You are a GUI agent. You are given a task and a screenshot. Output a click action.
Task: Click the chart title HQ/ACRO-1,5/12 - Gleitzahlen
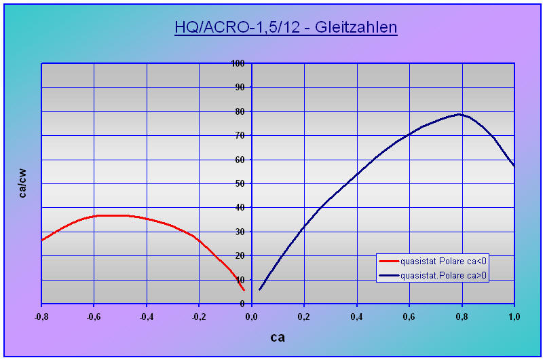pyautogui.click(x=285, y=28)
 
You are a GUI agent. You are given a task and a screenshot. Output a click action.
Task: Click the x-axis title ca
pyautogui.click(x=278, y=337)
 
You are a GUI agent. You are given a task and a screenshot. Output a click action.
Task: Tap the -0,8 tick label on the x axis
pyautogui.click(x=41, y=316)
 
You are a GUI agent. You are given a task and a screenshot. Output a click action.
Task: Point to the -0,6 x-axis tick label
pyautogui.click(x=94, y=316)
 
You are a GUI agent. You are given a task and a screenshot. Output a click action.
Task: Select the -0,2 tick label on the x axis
pyautogui.click(x=199, y=316)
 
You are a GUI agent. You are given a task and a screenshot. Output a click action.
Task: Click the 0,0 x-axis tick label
pyautogui.click(x=252, y=316)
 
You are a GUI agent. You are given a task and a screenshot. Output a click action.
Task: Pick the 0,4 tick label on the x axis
pyautogui.click(x=357, y=316)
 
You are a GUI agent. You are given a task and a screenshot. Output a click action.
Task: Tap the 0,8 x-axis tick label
pyautogui.click(x=462, y=316)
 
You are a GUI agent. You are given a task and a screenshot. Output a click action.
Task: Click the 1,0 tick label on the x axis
pyautogui.click(x=514, y=316)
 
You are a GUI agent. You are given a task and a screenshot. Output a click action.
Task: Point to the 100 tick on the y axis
pyautogui.click(x=238, y=63)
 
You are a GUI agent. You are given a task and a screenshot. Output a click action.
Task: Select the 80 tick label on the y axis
pyautogui.click(x=239, y=111)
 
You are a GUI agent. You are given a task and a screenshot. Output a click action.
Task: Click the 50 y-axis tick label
pyautogui.click(x=239, y=183)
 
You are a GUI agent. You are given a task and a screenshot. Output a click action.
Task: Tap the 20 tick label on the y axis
pyautogui.click(x=239, y=255)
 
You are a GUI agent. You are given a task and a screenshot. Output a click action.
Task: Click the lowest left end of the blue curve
pyautogui.click(x=259, y=290)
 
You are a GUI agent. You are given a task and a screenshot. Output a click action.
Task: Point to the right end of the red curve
pyautogui.click(x=244, y=290)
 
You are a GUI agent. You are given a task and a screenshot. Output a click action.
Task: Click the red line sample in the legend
pyautogui.click(x=389, y=261)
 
